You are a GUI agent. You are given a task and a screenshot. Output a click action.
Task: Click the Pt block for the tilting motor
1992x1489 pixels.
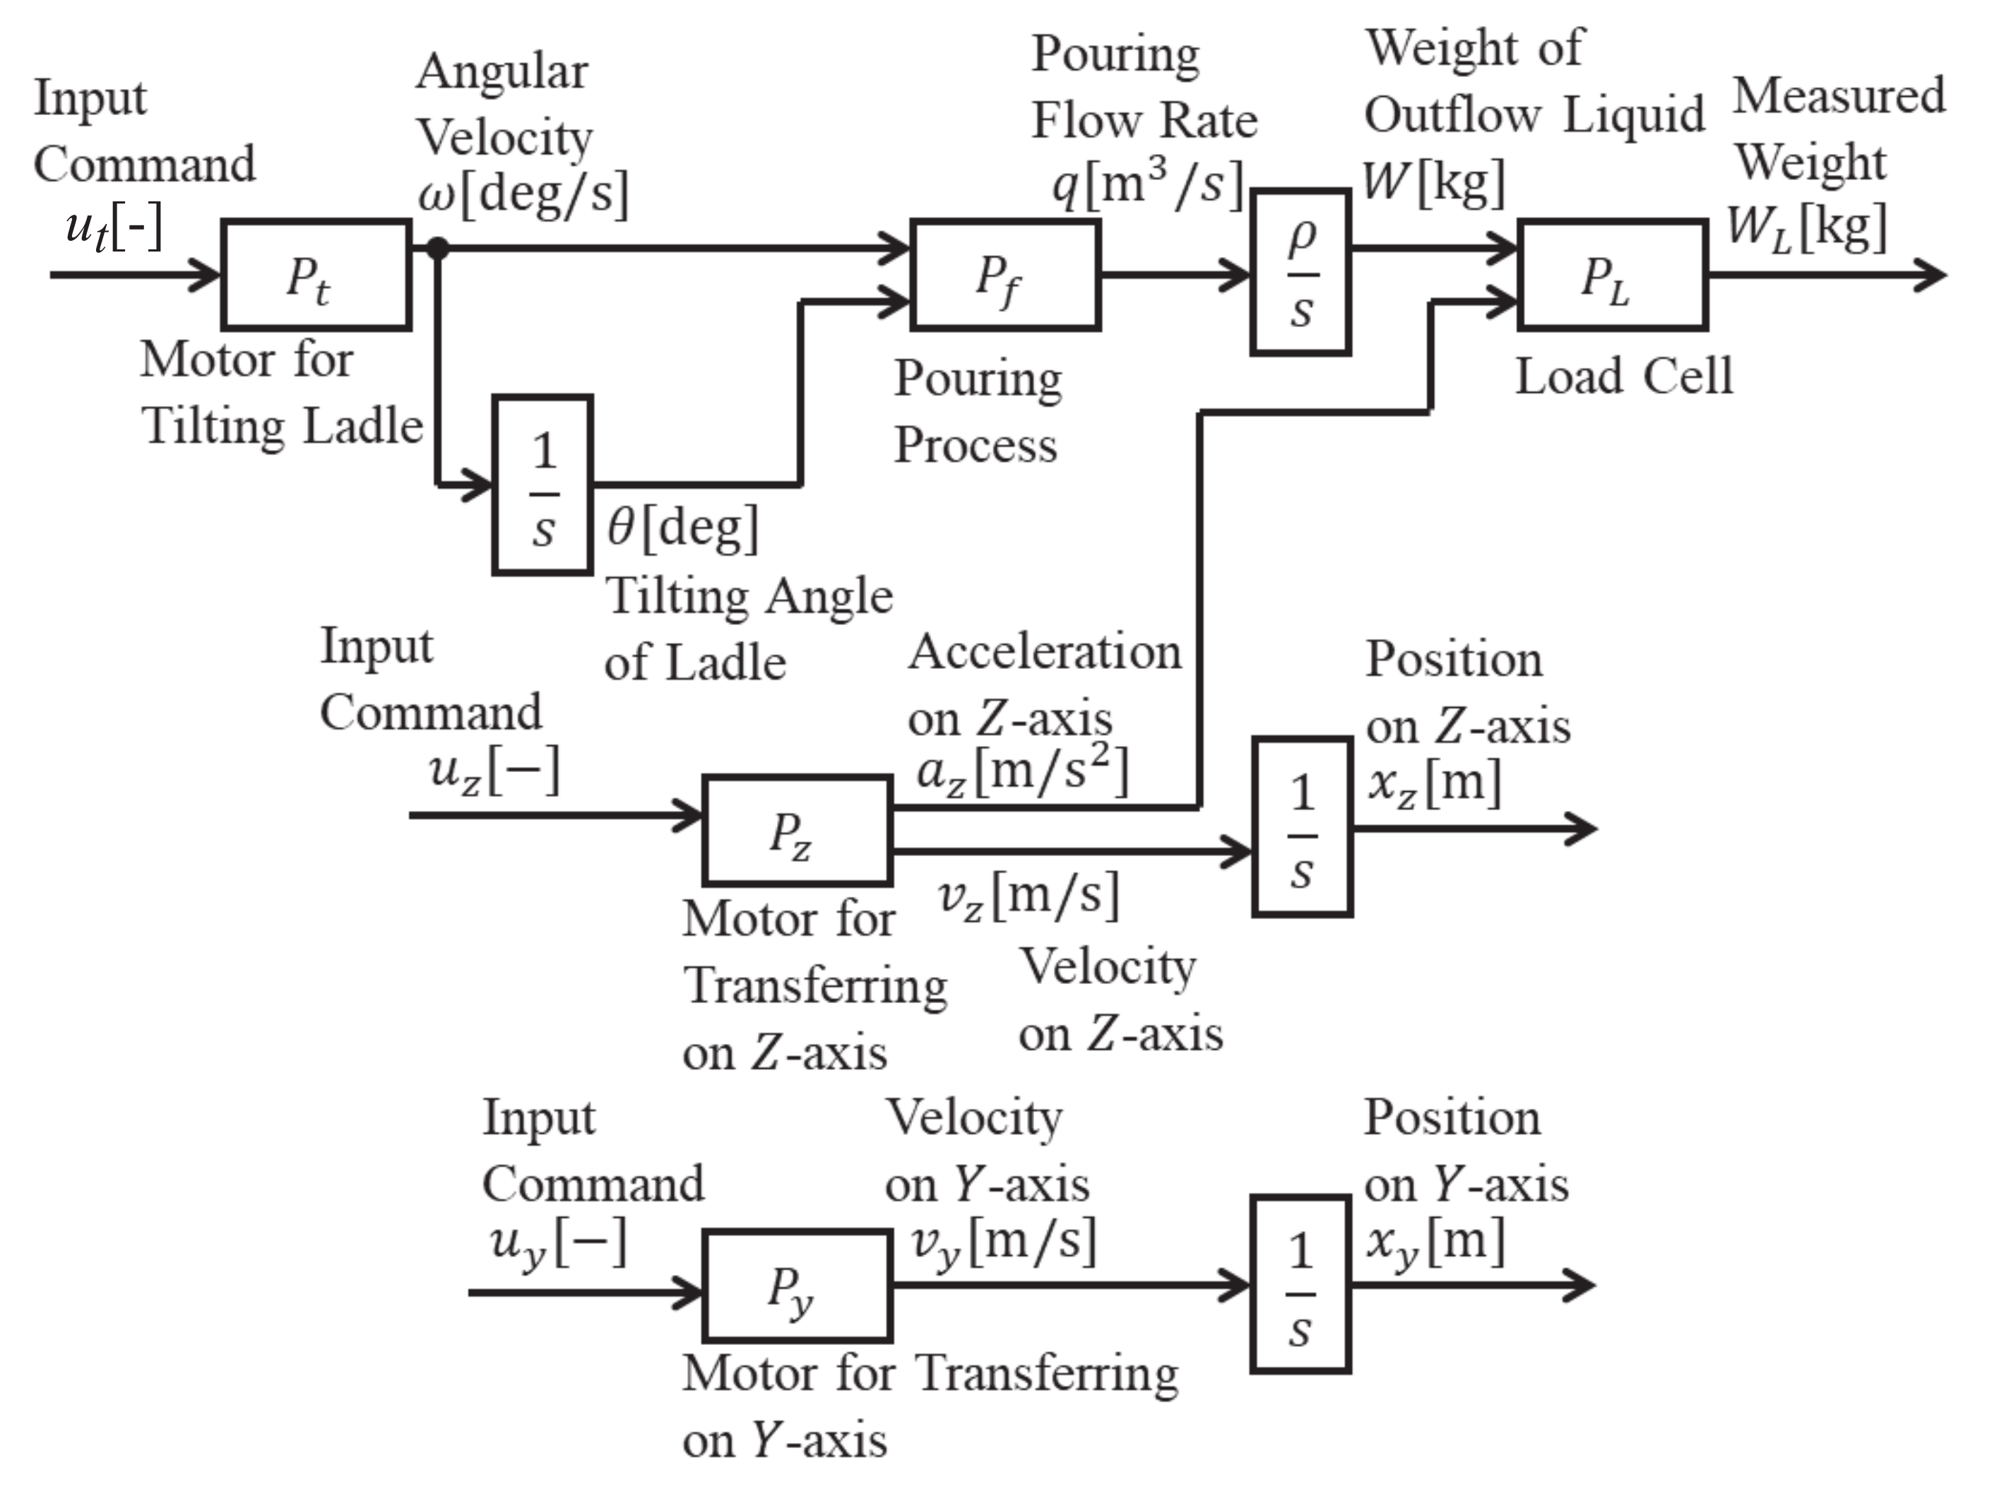[316, 275]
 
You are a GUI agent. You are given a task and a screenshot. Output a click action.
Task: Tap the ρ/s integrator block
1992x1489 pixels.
[1300, 273]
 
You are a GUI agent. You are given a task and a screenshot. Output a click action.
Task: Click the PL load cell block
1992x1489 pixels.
[1612, 275]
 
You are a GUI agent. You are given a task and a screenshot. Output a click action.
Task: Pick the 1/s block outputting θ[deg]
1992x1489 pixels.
[542, 485]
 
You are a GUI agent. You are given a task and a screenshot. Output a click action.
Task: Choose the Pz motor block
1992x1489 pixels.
[797, 830]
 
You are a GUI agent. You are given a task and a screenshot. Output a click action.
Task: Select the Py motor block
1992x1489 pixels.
[797, 1286]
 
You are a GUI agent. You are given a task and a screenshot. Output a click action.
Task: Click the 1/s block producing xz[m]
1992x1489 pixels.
[1302, 826]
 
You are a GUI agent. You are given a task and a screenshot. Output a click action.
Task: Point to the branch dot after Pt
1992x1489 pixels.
[438, 249]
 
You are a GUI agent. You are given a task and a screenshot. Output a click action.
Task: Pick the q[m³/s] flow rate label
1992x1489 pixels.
[1146, 184]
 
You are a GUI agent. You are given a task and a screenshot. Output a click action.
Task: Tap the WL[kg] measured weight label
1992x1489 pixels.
[1805, 227]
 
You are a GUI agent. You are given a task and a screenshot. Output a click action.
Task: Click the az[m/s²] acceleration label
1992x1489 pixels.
[1021, 771]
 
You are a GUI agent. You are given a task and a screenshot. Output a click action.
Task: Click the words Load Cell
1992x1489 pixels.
[1623, 376]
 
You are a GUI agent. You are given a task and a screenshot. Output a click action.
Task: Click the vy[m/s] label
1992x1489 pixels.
[1003, 1242]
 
